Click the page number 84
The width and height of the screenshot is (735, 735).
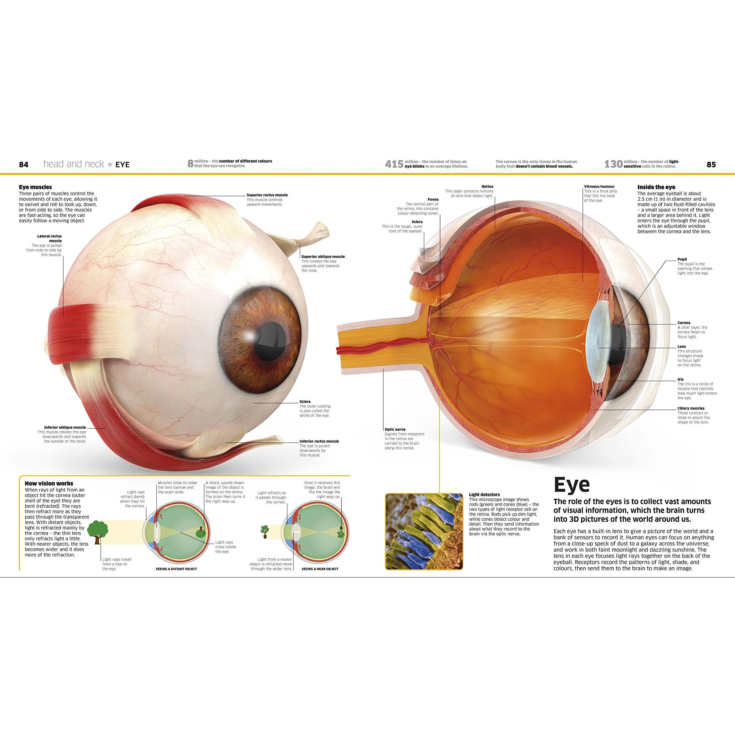[x=24, y=164]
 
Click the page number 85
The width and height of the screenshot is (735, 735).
[x=711, y=164]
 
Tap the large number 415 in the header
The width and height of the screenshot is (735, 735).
[x=394, y=164]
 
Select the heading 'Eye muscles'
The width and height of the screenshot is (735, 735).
[x=35, y=187]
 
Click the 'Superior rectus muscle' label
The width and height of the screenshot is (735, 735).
[x=267, y=195]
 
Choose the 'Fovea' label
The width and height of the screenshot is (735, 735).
[x=433, y=199]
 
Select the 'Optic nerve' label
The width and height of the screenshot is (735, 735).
[x=395, y=429]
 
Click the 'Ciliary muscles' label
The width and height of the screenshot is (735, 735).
[x=691, y=408]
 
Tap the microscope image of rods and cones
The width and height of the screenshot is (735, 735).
[x=424, y=531]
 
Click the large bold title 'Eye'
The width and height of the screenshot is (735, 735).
[x=572, y=485]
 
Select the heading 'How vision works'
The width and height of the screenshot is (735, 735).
[x=49, y=483]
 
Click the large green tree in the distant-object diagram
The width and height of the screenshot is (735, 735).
[x=98, y=529]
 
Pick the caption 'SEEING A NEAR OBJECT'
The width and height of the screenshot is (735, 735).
[x=320, y=569]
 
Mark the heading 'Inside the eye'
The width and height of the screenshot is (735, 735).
[x=656, y=187]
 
